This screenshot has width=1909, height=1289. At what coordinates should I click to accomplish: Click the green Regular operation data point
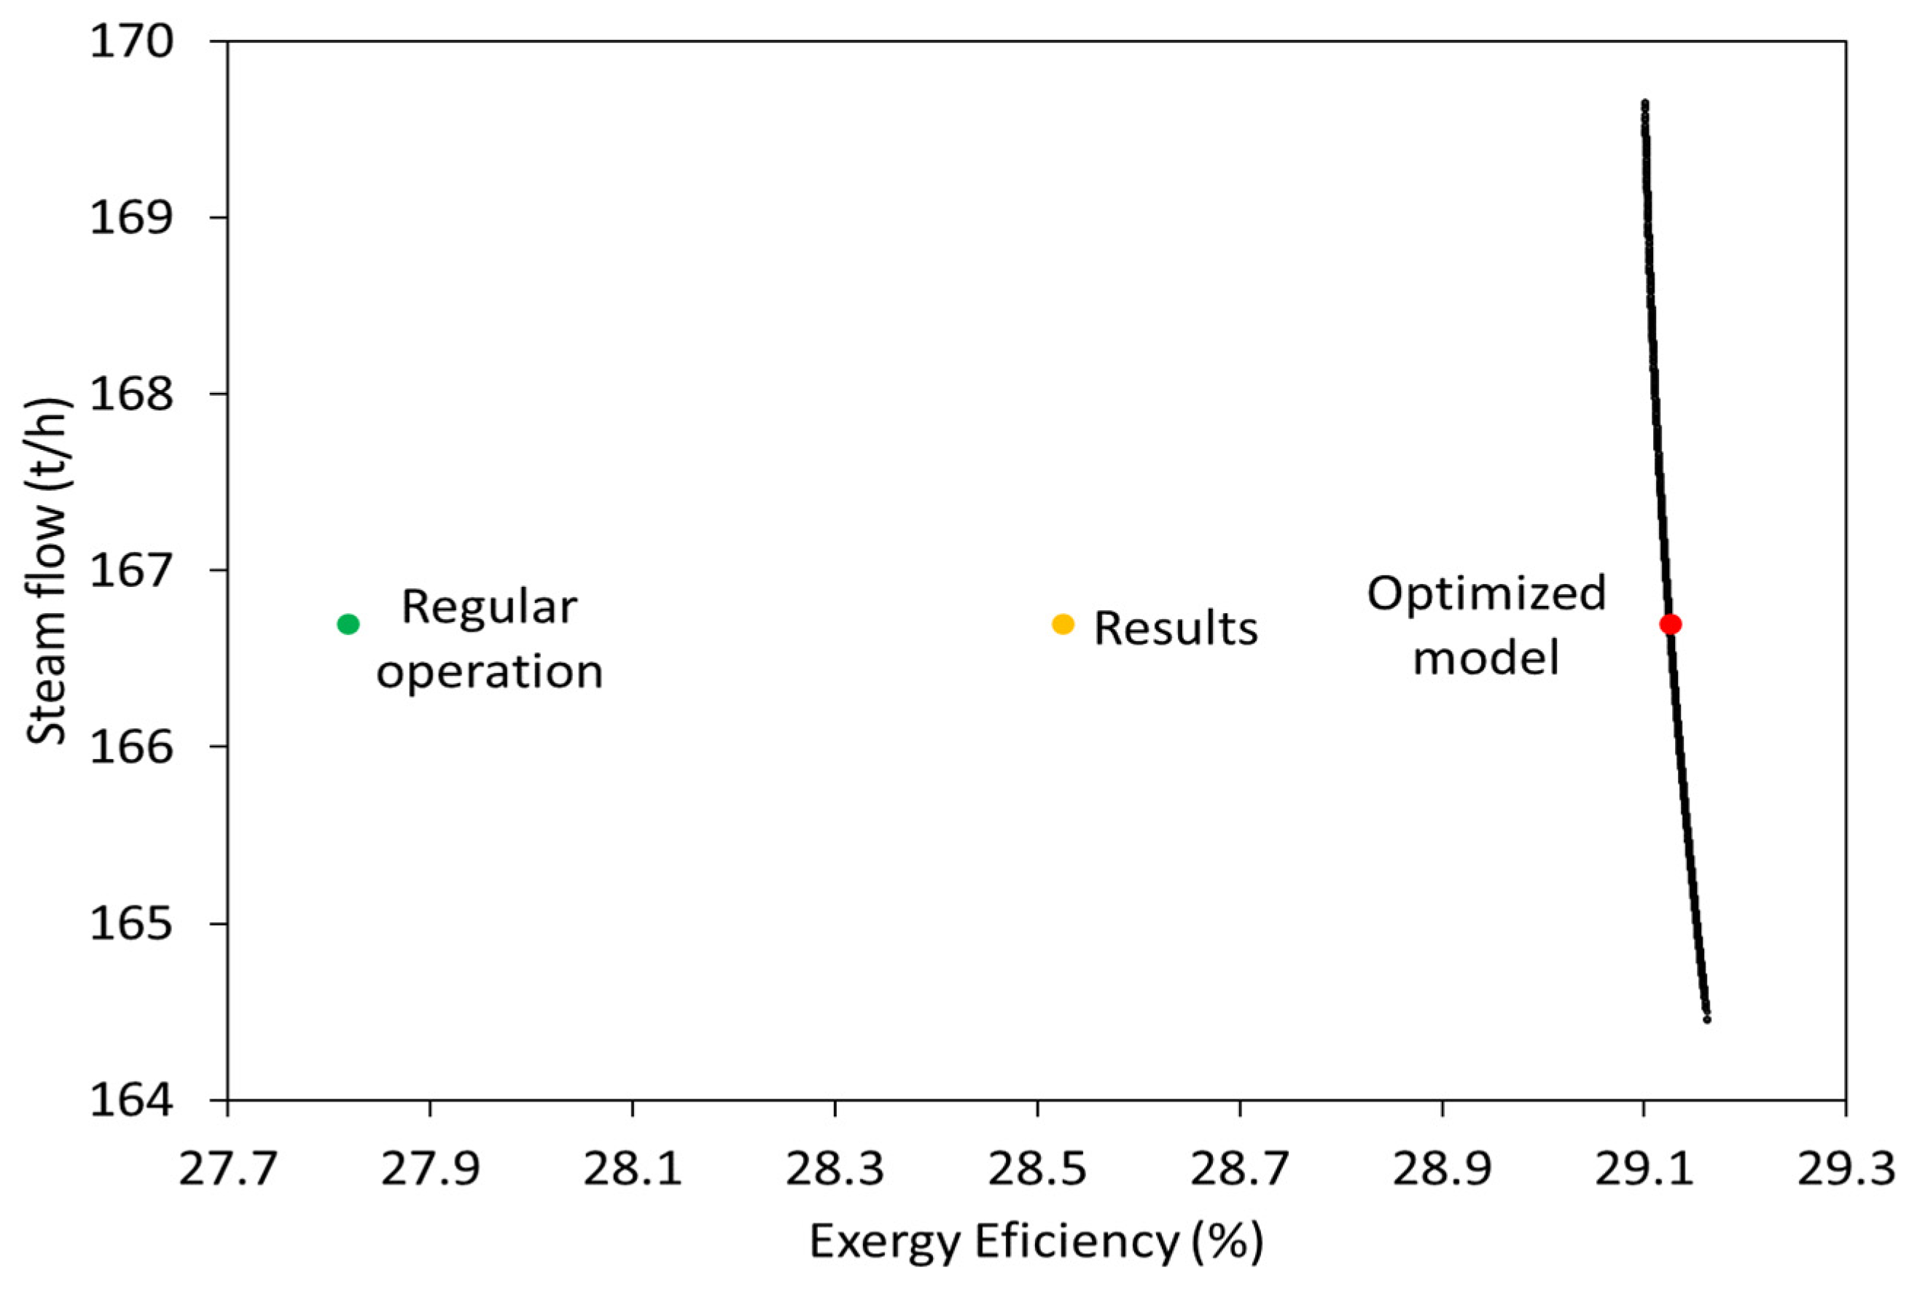[348, 624]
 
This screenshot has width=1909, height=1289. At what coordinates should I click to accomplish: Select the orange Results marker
[1063, 624]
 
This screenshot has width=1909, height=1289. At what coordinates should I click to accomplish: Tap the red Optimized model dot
[1671, 624]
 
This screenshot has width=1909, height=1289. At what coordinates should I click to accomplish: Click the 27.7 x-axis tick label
[227, 1169]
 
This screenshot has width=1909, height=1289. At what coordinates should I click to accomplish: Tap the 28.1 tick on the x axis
[633, 1169]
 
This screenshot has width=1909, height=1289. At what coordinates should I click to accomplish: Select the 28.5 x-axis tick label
[1037, 1169]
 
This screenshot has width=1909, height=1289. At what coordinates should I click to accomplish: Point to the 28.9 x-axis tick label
[1442, 1169]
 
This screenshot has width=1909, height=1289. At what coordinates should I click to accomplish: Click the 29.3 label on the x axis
[1846, 1169]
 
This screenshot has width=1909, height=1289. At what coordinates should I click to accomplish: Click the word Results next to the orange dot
[1176, 629]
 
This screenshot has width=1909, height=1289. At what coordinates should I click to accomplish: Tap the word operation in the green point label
[490, 672]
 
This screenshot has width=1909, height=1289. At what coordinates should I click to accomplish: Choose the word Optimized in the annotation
[1486, 593]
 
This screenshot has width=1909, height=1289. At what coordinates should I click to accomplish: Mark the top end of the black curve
[1644, 104]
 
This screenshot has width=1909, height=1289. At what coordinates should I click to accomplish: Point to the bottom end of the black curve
[1707, 1019]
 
